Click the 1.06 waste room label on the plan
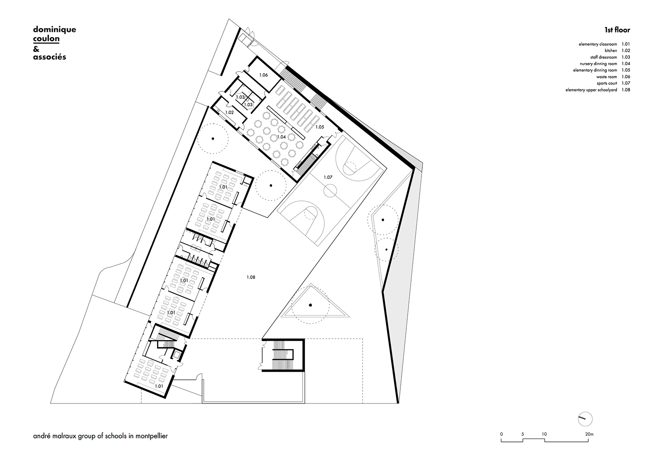(264, 75)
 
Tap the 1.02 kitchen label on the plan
(229, 113)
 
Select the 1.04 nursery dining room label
(281, 137)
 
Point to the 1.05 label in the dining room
(320, 127)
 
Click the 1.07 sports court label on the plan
(328, 177)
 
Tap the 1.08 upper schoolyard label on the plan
(251, 277)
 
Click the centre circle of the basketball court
(330, 190)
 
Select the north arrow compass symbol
(585, 419)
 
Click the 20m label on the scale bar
(589, 434)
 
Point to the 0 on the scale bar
(501, 434)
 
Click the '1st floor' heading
(617, 30)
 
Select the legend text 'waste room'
(606, 77)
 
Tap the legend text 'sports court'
(607, 84)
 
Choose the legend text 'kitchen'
(611, 50)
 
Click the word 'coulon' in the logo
(46, 39)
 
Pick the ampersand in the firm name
(36, 49)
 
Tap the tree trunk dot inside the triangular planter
(310, 305)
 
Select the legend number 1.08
(626, 90)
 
